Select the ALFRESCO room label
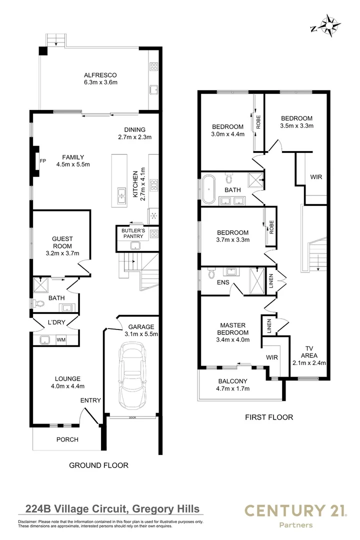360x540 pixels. coord(100,74)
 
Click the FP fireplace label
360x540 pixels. coord(42,161)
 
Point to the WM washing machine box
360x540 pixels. coord(61,340)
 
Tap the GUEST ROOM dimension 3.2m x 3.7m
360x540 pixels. coord(62,254)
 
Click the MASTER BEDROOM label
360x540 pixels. coord(233,328)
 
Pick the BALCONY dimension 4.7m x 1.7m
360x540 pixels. coord(232,388)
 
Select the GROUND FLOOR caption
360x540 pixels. coord(98,465)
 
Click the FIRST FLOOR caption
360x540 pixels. coord(268,417)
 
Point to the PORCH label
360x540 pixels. coord(67,440)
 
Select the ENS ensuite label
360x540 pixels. coord(223,282)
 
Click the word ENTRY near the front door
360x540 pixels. coord(90,400)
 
